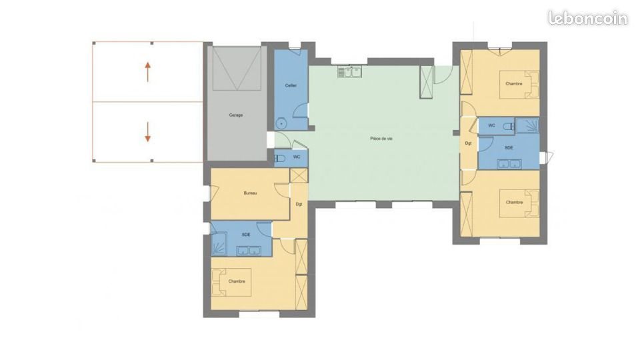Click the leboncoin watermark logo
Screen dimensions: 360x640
pyautogui.click(x=587, y=18)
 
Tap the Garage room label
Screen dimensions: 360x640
pyautogui.click(x=236, y=115)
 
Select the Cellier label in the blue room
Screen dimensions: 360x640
pyautogui.click(x=291, y=85)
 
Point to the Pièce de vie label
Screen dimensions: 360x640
pyautogui.click(x=381, y=139)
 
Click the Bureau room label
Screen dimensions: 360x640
pyautogui.click(x=250, y=193)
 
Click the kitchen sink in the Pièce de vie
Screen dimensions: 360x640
pyautogui.click(x=350, y=70)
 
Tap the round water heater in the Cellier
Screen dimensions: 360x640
pyautogui.click(x=282, y=123)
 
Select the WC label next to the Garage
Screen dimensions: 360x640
pyautogui.click(x=297, y=157)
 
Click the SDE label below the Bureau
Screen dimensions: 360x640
pyautogui.click(x=246, y=235)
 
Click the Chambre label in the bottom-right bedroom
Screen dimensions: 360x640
pyautogui.click(x=514, y=202)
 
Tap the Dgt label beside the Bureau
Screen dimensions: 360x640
pyautogui.click(x=299, y=204)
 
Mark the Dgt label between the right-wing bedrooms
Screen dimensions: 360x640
pyautogui.click(x=469, y=143)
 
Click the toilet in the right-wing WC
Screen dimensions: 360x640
pyautogui.click(x=508, y=125)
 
